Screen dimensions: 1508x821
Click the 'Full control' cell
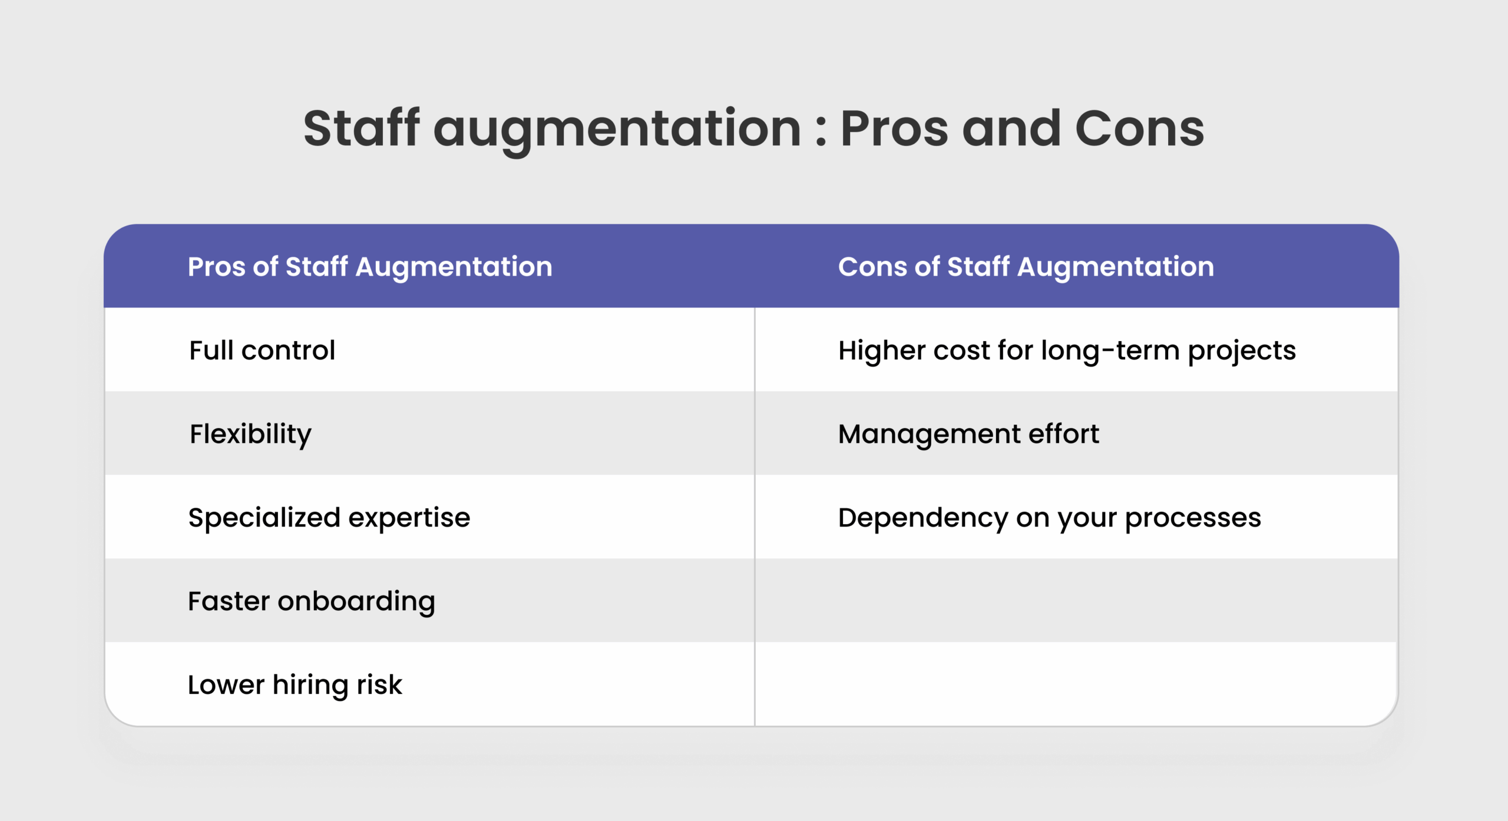[x=262, y=350]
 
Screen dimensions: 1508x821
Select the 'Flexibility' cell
[x=250, y=435]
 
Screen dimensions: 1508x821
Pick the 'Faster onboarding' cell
[x=312, y=602]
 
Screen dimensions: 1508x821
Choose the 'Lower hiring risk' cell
[x=295, y=685]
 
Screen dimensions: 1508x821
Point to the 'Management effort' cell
[x=968, y=435]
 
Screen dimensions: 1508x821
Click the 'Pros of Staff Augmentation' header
[x=370, y=267]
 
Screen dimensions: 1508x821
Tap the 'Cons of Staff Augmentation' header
[x=1026, y=267]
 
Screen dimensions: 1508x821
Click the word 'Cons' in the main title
[x=1140, y=128]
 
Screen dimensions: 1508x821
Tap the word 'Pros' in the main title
[x=894, y=128]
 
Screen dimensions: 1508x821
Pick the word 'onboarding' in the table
[x=356, y=602]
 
